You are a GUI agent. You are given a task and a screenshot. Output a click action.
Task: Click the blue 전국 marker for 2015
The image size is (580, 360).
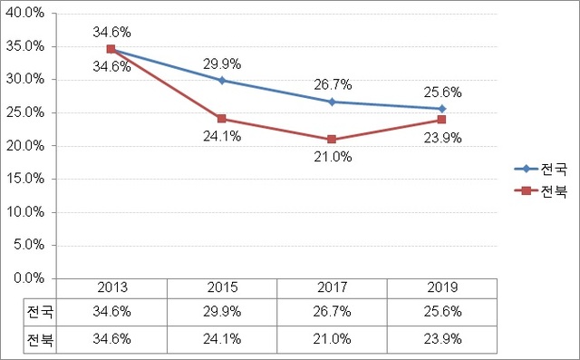click(x=222, y=81)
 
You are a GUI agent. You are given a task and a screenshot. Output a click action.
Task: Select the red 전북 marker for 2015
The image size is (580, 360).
click(x=222, y=119)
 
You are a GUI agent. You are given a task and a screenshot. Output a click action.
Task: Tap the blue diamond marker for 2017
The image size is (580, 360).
click(x=332, y=102)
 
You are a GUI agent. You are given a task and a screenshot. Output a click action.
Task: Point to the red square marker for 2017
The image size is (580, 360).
click(x=332, y=140)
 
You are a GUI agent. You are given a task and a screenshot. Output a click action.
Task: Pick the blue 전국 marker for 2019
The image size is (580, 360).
click(x=442, y=109)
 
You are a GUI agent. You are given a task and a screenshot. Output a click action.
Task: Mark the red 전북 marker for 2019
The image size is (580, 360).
click(x=442, y=120)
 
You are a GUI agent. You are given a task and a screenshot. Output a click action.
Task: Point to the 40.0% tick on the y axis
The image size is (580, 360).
click(x=34, y=14)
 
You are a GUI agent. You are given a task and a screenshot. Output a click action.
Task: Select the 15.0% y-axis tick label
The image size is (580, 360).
click(x=34, y=179)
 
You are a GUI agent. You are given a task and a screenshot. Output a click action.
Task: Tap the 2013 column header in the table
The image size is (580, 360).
click(x=112, y=287)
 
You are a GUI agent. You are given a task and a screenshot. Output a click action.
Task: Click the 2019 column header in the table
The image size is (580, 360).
click(x=442, y=287)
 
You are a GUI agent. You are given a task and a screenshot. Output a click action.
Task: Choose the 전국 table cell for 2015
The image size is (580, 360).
click(x=222, y=311)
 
